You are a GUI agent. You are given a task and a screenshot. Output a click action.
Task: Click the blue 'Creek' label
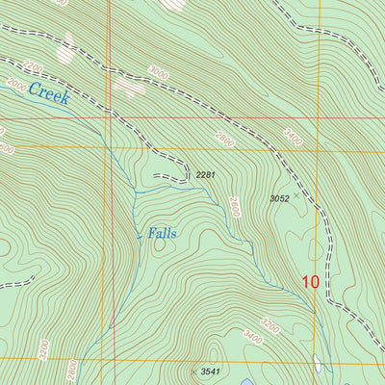[x=50, y=94]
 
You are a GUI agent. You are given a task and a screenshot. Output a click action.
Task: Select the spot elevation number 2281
[x=204, y=175]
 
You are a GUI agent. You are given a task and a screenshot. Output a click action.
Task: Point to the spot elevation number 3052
[x=279, y=198]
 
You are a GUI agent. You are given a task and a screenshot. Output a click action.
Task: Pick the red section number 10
[x=309, y=282]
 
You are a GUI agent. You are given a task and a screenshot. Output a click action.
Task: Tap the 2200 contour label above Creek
[x=34, y=68]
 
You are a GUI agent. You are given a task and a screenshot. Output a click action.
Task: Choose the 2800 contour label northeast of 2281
[x=224, y=138]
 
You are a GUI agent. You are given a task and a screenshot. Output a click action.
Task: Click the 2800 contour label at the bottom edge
[x=69, y=371]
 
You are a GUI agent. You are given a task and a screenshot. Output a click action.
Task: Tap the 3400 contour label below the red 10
[x=253, y=336]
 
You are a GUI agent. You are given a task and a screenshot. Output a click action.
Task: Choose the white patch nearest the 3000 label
[x=127, y=88]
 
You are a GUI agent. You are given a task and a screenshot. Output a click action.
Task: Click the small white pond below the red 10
[x=320, y=365]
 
